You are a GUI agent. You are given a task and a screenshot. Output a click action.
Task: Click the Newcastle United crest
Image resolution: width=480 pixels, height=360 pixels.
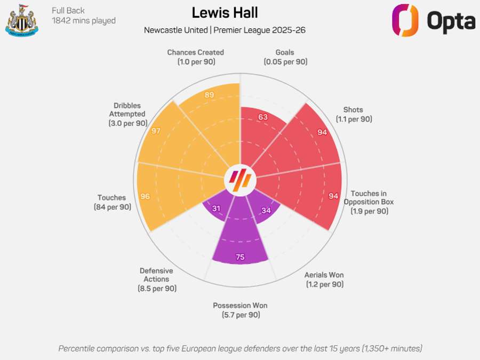(21, 21)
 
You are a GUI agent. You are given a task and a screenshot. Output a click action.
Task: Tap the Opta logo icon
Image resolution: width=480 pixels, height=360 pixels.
(405, 21)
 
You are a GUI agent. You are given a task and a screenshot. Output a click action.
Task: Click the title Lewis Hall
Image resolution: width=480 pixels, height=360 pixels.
(224, 13)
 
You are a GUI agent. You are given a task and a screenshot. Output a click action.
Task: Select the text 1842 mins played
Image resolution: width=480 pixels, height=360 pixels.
(84, 21)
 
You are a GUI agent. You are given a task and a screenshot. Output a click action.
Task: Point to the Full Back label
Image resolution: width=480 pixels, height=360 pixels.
(68, 10)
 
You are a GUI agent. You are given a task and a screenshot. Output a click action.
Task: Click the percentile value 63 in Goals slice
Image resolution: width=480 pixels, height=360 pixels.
(262, 117)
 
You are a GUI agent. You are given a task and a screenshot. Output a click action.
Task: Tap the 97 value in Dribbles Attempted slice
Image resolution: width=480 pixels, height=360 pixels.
(156, 131)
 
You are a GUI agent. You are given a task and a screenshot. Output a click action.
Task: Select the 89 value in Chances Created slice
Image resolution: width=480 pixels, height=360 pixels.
(209, 95)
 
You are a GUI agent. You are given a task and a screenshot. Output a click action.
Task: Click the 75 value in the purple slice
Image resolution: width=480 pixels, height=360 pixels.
(240, 257)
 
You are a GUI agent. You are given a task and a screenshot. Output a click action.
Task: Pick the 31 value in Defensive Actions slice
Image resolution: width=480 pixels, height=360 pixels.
(216, 209)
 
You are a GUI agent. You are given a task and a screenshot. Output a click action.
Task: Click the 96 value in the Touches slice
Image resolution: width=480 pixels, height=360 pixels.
(145, 196)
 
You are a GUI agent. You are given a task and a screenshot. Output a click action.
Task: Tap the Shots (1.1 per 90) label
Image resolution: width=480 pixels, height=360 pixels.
(354, 115)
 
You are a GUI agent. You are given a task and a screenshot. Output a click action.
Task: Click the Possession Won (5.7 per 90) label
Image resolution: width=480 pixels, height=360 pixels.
(240, 310)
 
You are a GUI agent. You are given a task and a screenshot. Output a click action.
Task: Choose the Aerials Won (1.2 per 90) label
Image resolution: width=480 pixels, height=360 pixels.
(324, 279)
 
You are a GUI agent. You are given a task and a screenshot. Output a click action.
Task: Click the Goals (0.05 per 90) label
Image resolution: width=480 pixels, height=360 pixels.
(285, 57)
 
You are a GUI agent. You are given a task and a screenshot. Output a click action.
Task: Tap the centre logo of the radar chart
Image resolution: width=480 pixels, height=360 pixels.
(240, 180)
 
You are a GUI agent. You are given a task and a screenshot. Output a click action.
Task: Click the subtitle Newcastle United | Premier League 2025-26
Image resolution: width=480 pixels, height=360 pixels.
(225, 30)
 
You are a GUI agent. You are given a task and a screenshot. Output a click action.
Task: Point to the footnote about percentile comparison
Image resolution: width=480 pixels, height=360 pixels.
(240, 348)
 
